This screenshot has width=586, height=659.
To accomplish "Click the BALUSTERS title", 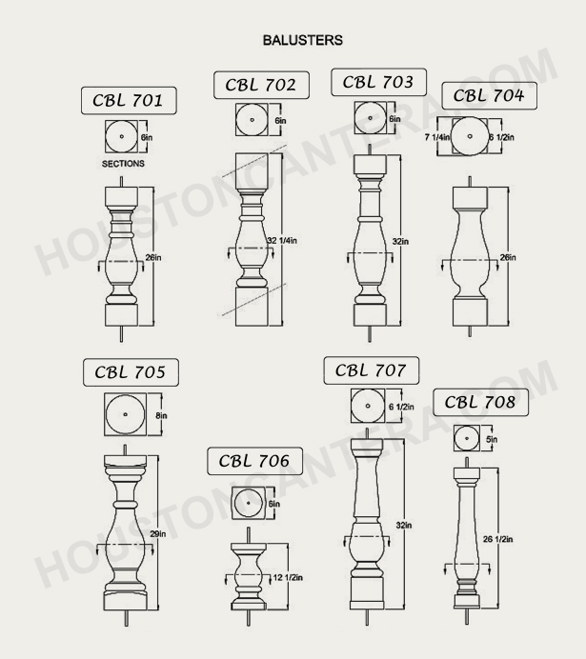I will [x=302, y=41].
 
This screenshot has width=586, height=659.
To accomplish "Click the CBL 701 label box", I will [x=128, y=100].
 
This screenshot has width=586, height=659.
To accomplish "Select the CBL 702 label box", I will [x=260, y=85].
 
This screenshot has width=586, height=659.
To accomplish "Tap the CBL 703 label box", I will [x=377, y=82].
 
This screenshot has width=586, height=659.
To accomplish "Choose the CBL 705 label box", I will [x=130, y=372].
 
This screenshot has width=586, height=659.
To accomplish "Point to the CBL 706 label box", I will [x=253, y=461].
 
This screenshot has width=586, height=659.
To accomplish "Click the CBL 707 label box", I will [x=370, y=369].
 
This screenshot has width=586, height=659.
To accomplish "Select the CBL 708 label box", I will [x=479, y=403].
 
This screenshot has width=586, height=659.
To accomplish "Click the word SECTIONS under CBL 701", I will [x=123, y=164].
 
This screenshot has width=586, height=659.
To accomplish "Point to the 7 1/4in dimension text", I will [x=437, y=138].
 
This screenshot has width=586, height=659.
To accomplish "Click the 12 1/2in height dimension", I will [x=287, y=577].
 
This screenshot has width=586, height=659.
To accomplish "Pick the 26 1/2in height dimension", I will [x=498, y=540].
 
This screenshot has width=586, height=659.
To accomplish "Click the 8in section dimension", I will [x=162, y=415].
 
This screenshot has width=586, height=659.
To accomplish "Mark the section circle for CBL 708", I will [x=467, y=439].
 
